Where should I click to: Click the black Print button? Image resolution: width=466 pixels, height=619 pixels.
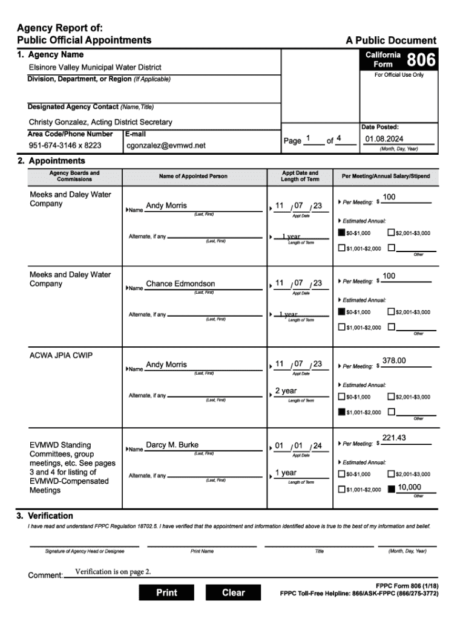click(x=166, y=593)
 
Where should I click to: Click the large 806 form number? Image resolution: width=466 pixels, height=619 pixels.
click(x=420, y=60)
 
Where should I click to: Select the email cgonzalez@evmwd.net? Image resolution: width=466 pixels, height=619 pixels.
click(x=166, y=146)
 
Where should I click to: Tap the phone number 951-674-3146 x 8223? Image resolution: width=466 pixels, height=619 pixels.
click(x=65, y=146)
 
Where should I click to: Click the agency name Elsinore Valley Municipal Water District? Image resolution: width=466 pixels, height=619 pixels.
click(x=95, y=67)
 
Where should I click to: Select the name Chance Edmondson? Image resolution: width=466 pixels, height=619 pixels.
click(x=180, y=284)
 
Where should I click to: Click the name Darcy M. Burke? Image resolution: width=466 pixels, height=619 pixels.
click(x=172, y=445)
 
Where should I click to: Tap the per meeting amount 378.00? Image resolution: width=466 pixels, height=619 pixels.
click(x=394, y=361)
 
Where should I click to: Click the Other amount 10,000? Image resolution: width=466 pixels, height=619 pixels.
click(x=410, y=487)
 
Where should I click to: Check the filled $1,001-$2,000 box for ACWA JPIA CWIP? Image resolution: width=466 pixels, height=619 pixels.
click(x=342, y=412)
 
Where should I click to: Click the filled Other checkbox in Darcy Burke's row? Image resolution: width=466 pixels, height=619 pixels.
click(x=392, y=489)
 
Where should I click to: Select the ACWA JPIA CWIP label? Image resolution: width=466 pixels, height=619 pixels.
click(x=61, y=355)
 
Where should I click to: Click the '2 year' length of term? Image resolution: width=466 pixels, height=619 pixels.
click(x=286, y=391)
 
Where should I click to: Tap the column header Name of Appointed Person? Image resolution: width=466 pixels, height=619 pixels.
click(x=193, y=177)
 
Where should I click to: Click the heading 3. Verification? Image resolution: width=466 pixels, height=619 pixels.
click(x=45, y=516)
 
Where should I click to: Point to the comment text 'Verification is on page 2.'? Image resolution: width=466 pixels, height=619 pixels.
click(x=113, y=572)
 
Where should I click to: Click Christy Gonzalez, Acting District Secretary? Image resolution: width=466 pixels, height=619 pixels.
click(x=100, y=122)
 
